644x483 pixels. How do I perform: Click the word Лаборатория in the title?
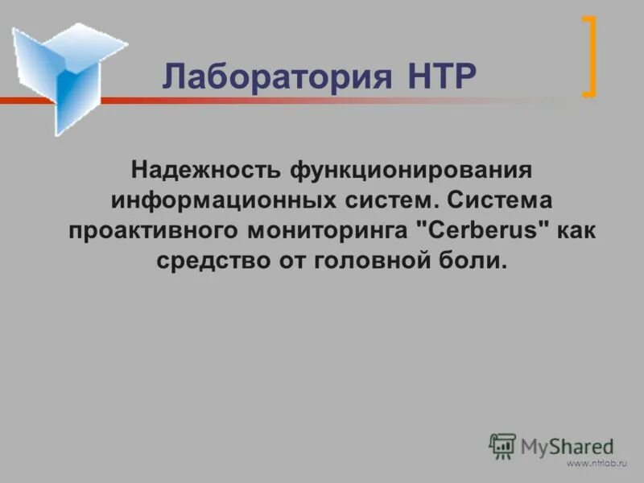(x=272, y=77)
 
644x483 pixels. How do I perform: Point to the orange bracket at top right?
(x=589, y=56)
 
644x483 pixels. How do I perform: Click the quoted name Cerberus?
(x=481, y=230)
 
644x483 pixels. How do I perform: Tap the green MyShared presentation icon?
(x=502, y=445)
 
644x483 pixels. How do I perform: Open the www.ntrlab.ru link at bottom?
(x=597, y=464)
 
